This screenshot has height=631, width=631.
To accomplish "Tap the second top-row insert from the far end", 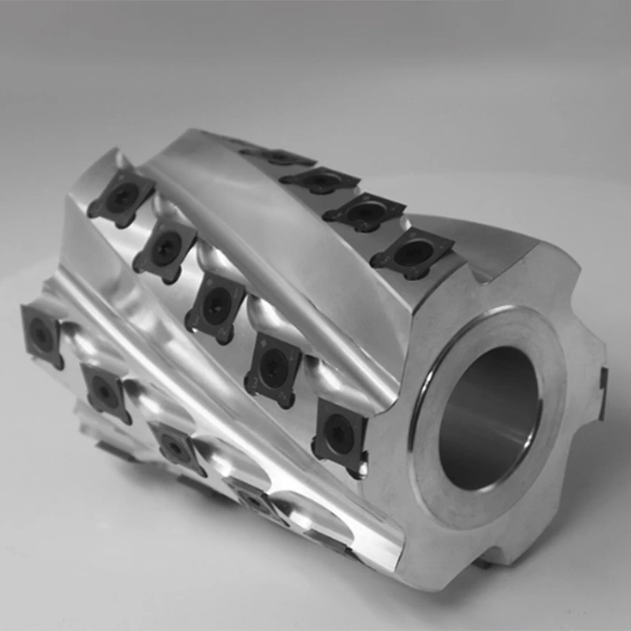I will pos(320,181).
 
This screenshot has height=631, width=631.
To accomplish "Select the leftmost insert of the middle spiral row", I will pos(121,197).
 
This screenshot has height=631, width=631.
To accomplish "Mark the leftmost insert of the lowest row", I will pos(42,334).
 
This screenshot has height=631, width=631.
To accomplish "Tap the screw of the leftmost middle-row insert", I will pos(121,197).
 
